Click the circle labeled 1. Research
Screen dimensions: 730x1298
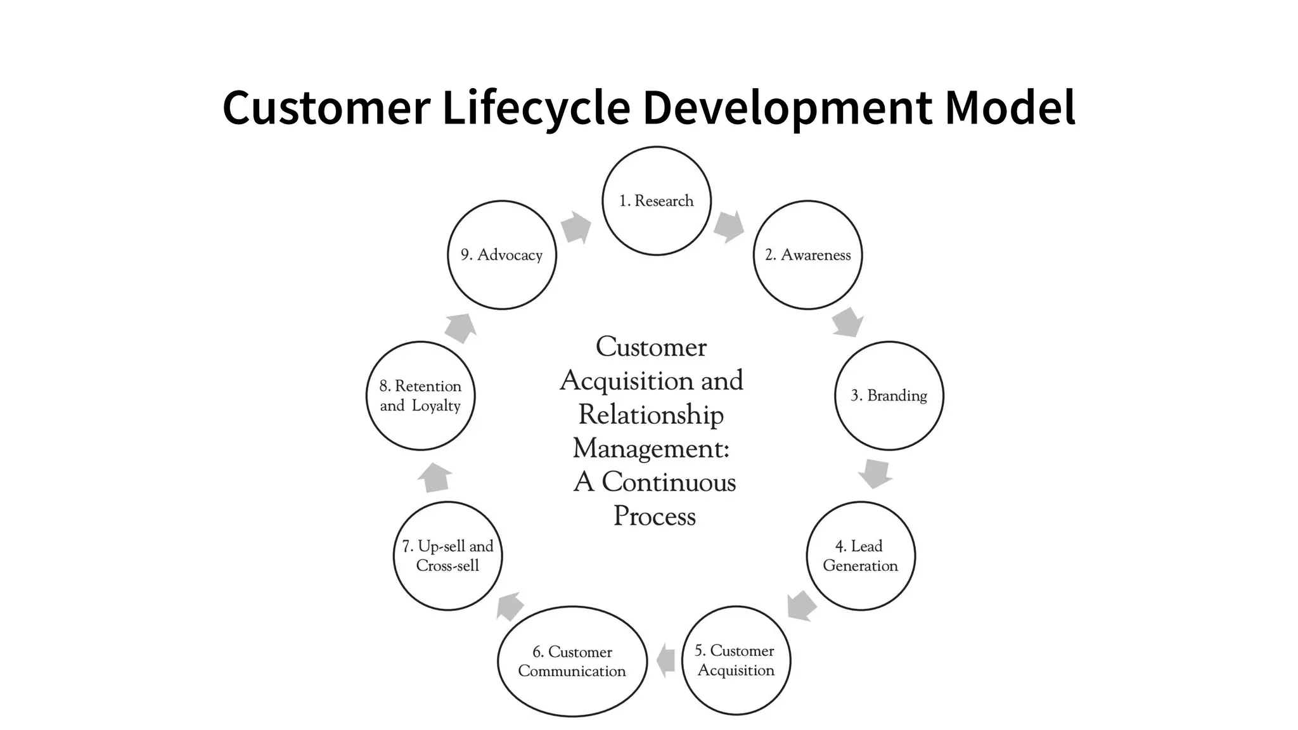657,201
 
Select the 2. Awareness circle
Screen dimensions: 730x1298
807,255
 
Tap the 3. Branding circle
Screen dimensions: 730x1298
889,395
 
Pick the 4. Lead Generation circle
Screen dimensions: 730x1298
861,556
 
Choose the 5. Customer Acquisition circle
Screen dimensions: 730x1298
736,660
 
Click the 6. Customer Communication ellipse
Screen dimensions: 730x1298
572,662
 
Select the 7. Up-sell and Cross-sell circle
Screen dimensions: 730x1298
447,556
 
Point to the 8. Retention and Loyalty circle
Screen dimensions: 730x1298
421,395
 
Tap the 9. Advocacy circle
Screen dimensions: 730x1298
502,255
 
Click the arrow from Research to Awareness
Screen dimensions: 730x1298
729,226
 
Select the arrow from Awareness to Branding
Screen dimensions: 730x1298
847,322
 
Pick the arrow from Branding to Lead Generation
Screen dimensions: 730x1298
875,473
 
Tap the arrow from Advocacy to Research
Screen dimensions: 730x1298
576,227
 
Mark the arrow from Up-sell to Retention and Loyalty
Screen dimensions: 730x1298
435,477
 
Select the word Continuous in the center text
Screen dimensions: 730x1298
669,482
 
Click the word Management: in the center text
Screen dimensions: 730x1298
652,449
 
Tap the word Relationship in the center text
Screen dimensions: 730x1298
651,415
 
